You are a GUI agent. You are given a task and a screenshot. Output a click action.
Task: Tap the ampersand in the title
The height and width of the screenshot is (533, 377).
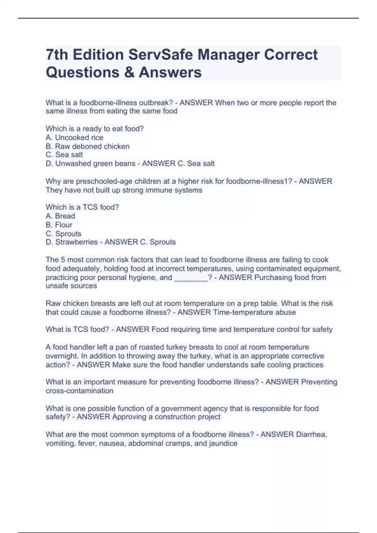click(129, 72)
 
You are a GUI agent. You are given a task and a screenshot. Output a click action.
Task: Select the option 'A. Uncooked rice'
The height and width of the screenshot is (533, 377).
click(74, 138)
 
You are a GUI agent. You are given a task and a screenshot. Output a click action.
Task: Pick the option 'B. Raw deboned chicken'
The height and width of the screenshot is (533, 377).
click(87, 146)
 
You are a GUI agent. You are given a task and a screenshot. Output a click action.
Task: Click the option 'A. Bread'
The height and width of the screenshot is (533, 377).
click(60, 216)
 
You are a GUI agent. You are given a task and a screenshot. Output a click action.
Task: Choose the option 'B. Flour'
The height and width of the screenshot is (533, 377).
click(59, 225)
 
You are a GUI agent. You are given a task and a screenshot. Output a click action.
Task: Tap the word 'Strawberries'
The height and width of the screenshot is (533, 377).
click(76, 242)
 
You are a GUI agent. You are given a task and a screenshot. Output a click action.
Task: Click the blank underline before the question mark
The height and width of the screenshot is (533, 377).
click(191, 278)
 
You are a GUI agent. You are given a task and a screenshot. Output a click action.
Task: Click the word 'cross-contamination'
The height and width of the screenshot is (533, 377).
click(79, 391)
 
